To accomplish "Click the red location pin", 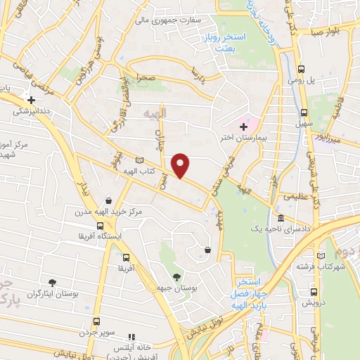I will (181, 165).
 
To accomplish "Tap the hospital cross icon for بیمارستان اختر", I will (243, 127).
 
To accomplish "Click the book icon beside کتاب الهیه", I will (139, 161).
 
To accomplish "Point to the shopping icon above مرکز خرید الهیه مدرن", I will (106, 200).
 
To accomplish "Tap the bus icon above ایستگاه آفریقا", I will (101, 226).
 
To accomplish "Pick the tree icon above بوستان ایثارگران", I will (53, 282).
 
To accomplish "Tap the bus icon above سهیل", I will (304, 112).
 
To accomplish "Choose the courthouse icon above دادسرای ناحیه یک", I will (281, 219).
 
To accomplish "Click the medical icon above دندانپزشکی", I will (31, 100).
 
